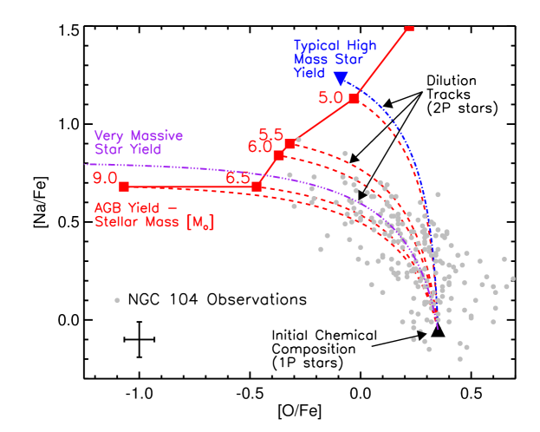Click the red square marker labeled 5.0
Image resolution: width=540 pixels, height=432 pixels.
click(354, 99)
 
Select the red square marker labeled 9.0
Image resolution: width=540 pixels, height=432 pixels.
click(124, 187)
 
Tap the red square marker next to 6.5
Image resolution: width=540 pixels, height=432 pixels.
click(257, 187)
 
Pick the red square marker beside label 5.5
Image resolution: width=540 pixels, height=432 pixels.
click(290, 144)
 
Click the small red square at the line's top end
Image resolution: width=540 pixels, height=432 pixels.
click(409, 29)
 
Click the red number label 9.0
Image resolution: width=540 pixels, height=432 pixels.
click(105, 178)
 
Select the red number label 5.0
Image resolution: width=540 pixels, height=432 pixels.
click(331, 97)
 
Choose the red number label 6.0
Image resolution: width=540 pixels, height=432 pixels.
click(259, 147)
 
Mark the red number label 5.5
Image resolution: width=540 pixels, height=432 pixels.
click(270, 134)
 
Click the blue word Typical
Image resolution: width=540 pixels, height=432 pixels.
click(317, 46)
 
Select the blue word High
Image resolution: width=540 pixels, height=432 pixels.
click(361, 46)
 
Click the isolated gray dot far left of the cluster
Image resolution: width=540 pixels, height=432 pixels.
click(117, 300)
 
